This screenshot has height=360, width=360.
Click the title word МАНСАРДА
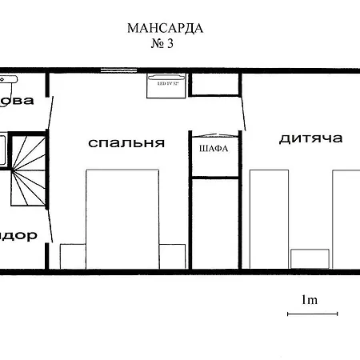pos(165,29)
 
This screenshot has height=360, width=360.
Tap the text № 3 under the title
pos(162,44)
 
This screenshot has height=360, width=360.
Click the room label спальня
pos(126,143)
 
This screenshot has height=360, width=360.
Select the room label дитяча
pos(310,138)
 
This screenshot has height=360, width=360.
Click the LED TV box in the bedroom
pos(166,84)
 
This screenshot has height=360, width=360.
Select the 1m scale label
pos(310,300)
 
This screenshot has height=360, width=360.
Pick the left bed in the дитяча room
pos(268,218)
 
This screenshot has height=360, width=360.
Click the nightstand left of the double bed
pos(72,256)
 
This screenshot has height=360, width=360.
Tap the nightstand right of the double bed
pos(172,256)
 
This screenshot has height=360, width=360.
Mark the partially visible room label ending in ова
pos(18,100)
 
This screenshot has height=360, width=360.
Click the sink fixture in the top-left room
pos(10,79)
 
